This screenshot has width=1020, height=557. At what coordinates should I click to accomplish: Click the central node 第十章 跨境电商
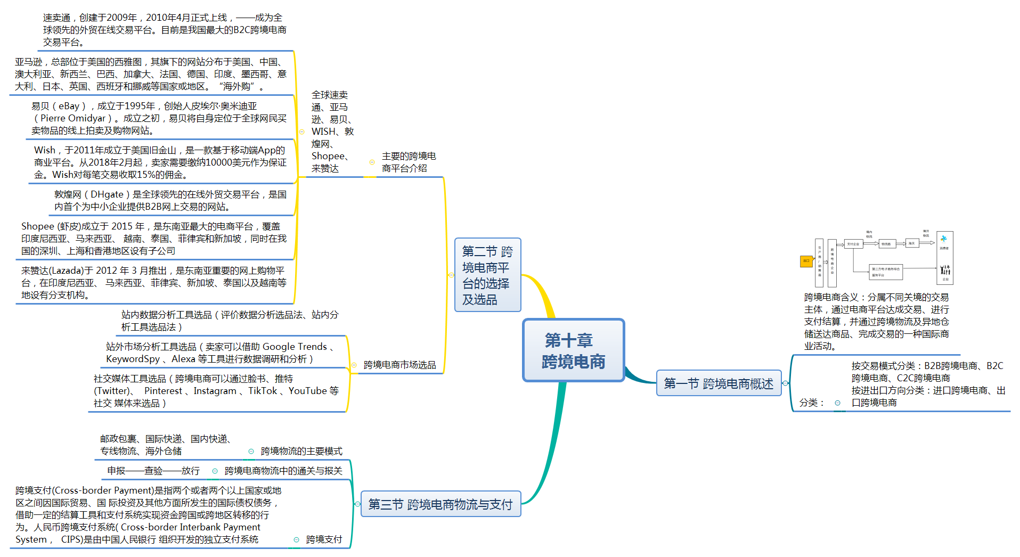tap(573, 350)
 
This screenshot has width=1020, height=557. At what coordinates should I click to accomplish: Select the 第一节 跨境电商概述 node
tap(718, 383)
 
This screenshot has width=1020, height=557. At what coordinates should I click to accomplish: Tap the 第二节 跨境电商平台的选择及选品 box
tap(487, 275)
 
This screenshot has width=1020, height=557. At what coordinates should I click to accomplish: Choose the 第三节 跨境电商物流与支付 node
tap(440, 504)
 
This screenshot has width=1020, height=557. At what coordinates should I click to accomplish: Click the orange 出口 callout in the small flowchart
tap(806, 261)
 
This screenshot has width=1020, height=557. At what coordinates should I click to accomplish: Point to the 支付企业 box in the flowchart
tap(853, 244)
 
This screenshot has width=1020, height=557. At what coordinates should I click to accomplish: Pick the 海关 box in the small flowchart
tap(911, 243)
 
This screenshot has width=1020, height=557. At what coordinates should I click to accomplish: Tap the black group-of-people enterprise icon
tap(945, 270)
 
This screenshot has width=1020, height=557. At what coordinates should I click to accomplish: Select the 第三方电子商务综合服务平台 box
tap(885, 272)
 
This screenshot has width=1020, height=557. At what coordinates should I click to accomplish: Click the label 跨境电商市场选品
tap(399, 365)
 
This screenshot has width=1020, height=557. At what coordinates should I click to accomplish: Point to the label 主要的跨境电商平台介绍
tap(409, 162)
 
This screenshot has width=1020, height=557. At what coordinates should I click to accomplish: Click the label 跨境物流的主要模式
tap(301, 451)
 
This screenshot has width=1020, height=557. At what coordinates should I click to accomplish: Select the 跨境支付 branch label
tap(324, 539)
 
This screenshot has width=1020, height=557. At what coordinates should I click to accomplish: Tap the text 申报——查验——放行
tap(153, 471)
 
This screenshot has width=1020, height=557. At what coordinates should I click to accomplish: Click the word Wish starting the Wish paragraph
tap(45, 150)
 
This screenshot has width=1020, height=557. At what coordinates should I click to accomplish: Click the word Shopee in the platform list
tap(328, 156)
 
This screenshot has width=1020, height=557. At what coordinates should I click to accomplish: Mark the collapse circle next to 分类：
tap(837, 403)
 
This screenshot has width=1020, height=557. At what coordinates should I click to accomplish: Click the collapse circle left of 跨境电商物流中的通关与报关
tap(215, 471)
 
